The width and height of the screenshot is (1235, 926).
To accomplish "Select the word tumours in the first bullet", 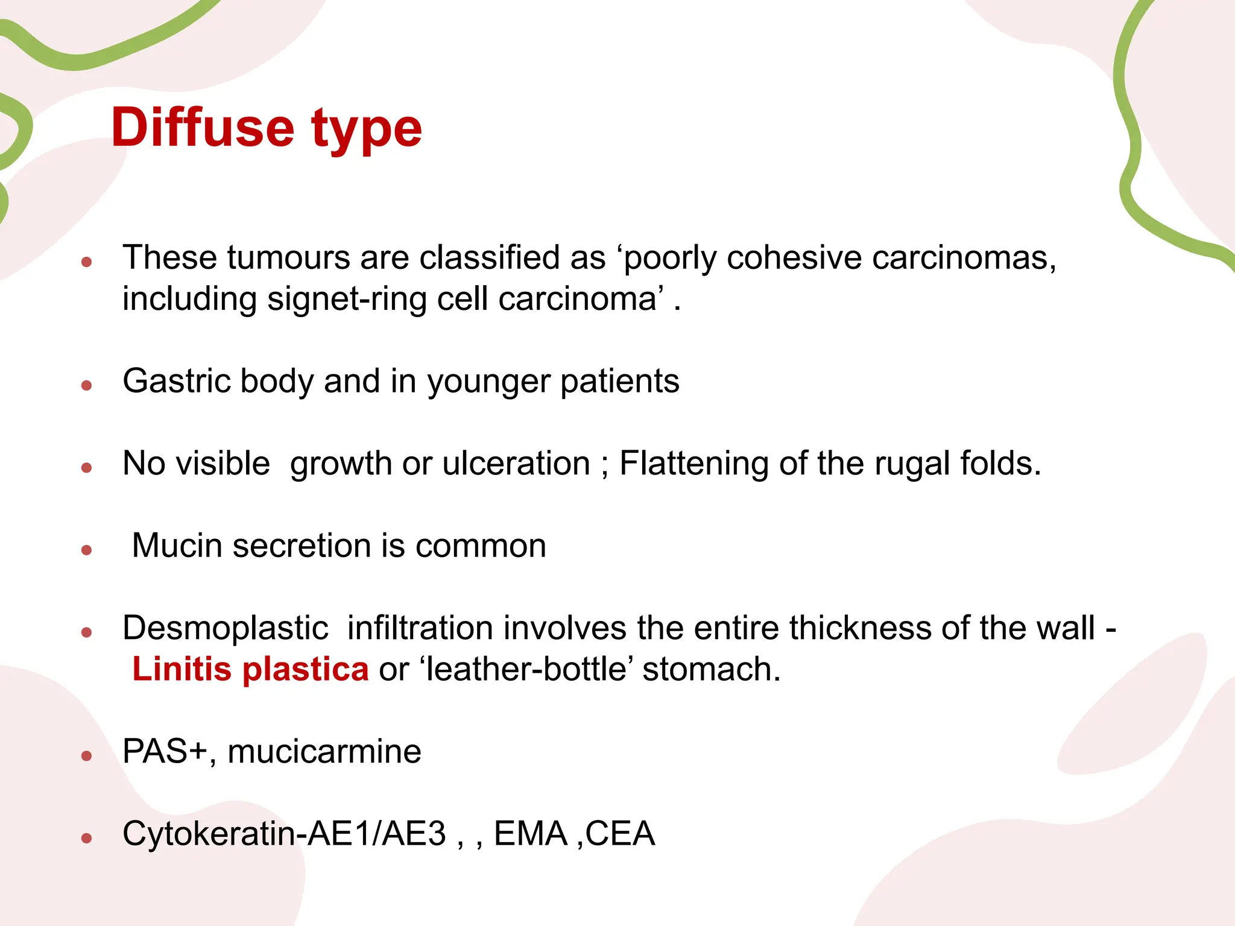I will tap(288, 258).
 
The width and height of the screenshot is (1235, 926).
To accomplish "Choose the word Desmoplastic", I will tap(225, 629).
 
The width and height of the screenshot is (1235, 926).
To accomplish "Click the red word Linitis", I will tap(182, 669).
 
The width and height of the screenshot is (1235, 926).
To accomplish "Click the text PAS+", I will tap(165, 752).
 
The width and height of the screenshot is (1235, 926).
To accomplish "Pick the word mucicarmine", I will tap(324, 752).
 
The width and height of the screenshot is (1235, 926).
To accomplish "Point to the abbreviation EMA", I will tap(530, 834).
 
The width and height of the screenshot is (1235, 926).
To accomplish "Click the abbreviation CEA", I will tap(619, 834).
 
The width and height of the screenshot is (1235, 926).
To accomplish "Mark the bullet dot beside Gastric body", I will tap(87, 385).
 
